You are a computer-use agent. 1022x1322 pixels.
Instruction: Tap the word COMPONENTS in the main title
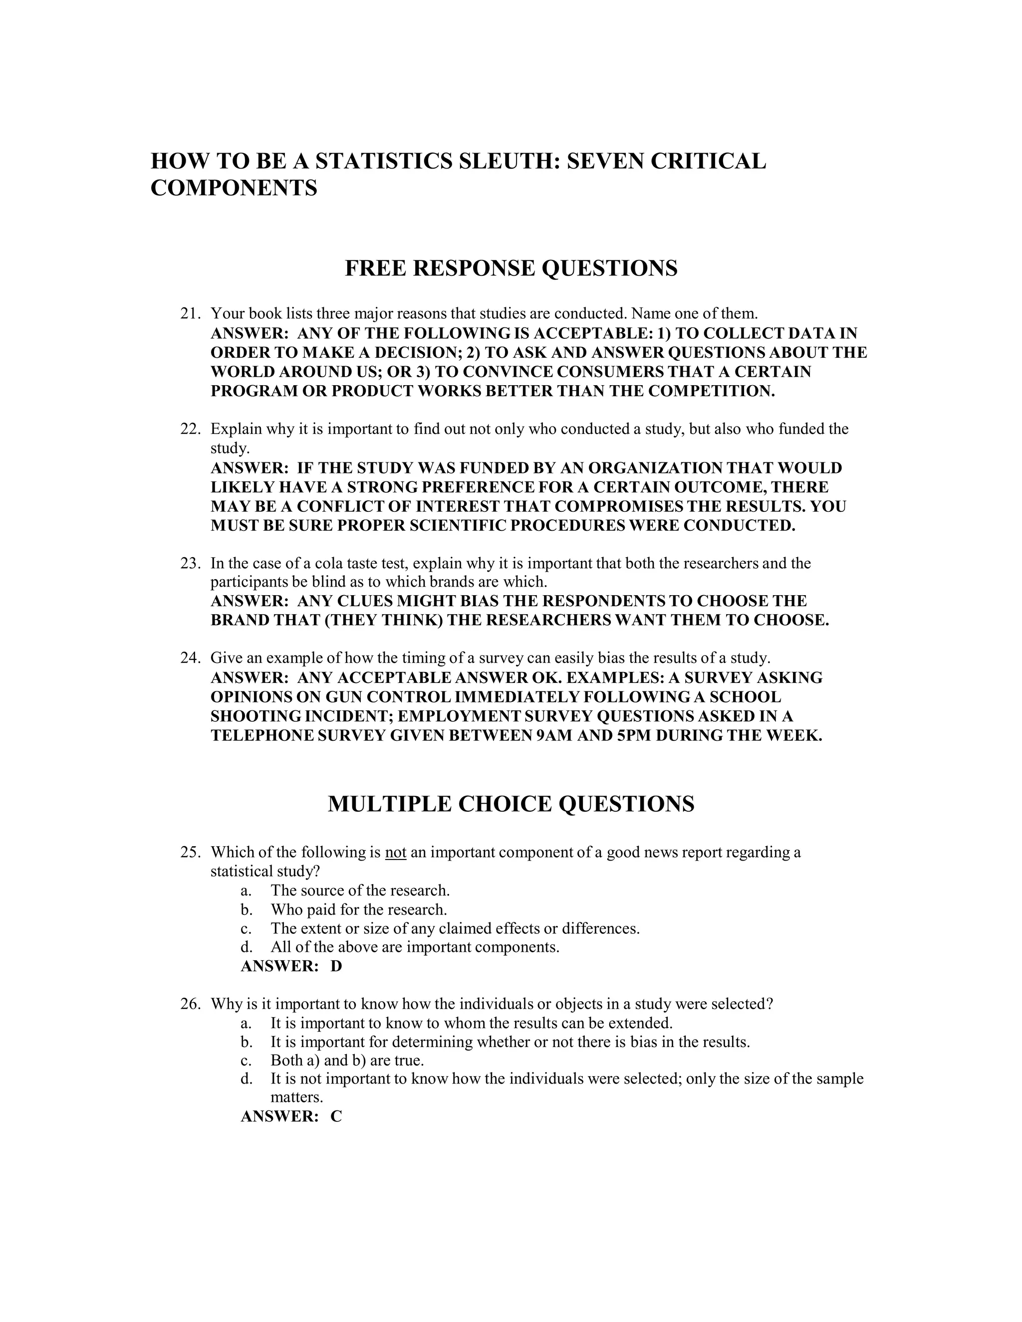click(x=234, y=188)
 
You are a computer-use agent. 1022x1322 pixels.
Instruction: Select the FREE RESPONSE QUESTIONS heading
click(x=511, y=268)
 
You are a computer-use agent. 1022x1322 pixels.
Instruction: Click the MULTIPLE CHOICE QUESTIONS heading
click(x=511, y=804)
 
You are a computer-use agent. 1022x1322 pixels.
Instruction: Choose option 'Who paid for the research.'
click(x=359, y=910)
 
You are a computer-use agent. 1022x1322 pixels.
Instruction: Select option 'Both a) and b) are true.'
click(x=347, y=1061)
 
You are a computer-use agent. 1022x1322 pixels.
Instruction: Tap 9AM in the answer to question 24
click(x=556, y=736)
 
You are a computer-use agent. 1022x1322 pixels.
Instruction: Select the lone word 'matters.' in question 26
click(x=297, y=1098)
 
